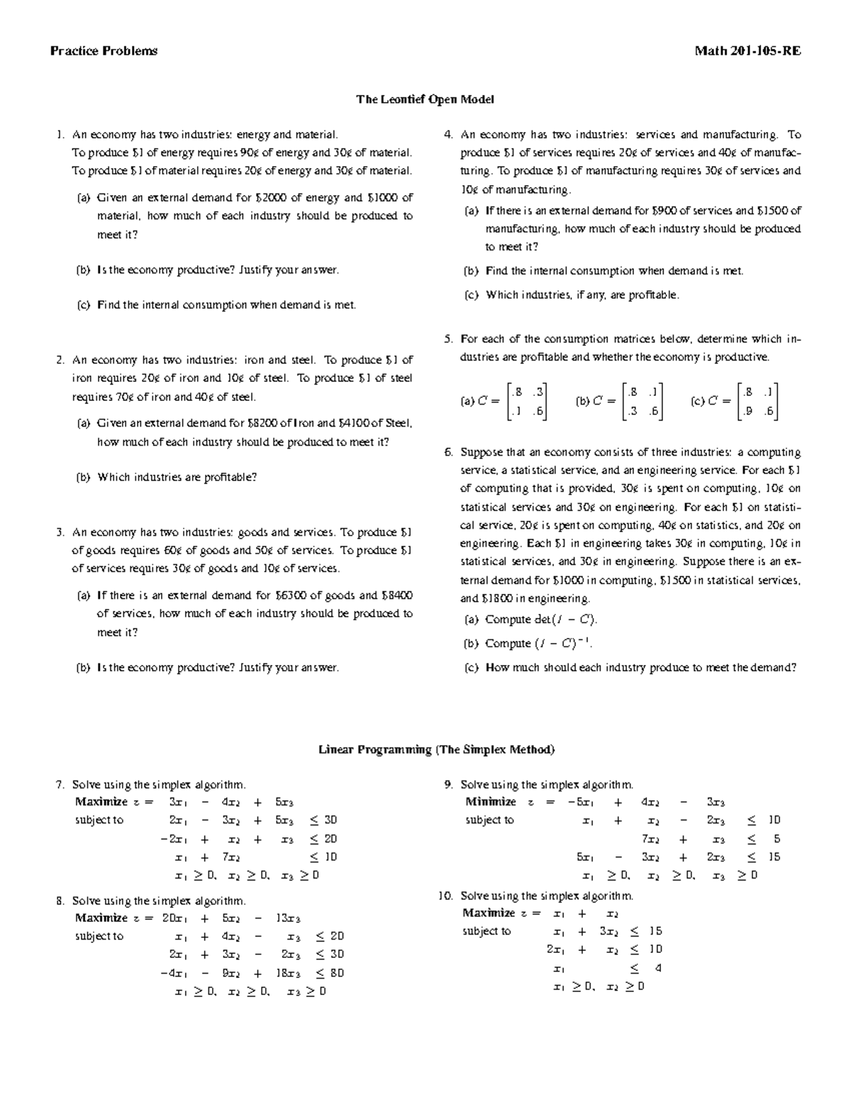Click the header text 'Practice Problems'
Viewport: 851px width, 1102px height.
[x=104, y=51]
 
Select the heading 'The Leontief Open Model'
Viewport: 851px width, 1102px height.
[x=425, y=99]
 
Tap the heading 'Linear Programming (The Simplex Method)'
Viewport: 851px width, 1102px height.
[x=436, y=749]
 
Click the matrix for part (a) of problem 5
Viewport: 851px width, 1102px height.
[x=525, y=401]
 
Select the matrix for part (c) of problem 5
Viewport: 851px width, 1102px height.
[x=757, y=401]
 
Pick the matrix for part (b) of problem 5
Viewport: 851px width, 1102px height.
[x=641, y=401]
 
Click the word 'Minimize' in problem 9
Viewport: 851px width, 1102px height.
[x=490, y=802]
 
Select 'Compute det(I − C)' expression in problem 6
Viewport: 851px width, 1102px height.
[x=541, y=619]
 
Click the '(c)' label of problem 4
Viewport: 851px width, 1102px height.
[x=472, y=295]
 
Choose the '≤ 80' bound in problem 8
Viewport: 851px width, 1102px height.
[x=330, y=973]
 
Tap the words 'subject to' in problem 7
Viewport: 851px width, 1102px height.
[x=99, y=820]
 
